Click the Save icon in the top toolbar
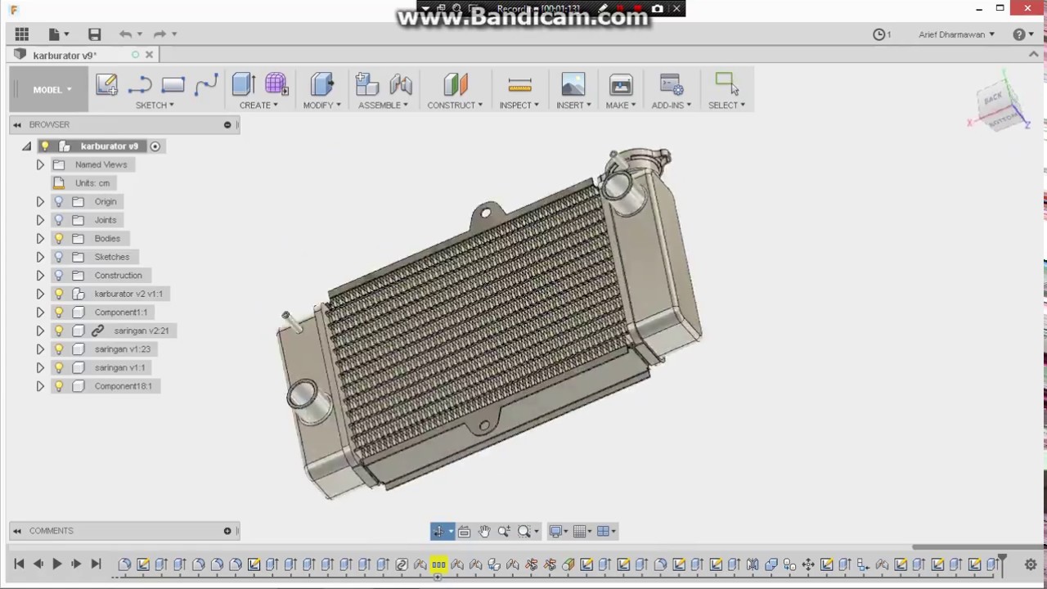95,34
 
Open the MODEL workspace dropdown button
52,89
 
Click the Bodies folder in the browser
107,238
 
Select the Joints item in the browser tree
106,220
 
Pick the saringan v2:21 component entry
141,330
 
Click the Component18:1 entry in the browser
123,386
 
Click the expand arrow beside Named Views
40,164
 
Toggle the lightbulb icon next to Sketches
59,257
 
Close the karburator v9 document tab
149,55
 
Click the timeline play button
56,564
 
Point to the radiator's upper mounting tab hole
486,214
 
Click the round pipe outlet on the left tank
302,395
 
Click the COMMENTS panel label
51,531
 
